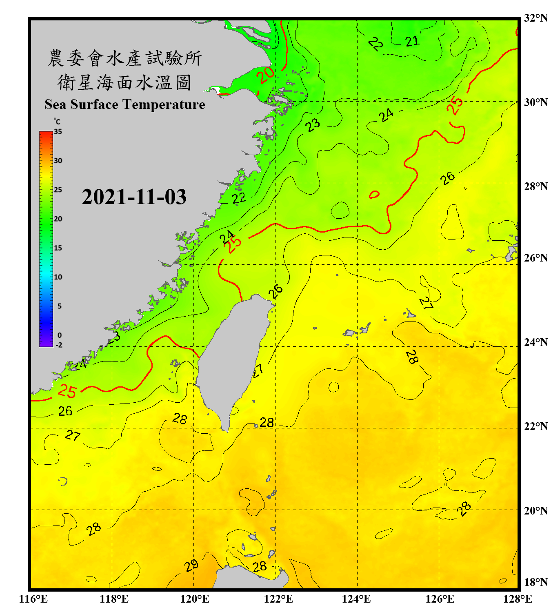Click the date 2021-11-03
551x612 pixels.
click(x=134, y=197)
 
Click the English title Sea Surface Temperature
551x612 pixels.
click(x=125, y=104)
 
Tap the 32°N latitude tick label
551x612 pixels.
click(x=535, y=18)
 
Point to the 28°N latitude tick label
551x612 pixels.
click(x=535, y=186)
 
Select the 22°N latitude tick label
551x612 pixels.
click(x=535, y=426)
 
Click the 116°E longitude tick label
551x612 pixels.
click(x=33, y=599)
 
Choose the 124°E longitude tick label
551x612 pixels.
click(x=356, y=599)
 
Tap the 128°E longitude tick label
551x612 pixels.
click(x=518, y=599)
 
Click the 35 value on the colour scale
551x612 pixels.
click(x=58, y=132)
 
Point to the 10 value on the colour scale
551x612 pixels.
click(x=58, y=277)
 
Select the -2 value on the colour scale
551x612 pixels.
click(x=59, y=345)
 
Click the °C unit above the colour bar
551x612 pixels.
click(x=57, y=122)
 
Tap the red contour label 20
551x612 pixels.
click(x=265, y=75)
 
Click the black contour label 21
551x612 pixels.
click(x=412, y=41)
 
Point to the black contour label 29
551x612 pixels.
click(x=191, y=565)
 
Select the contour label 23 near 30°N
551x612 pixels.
click(x=313, y=125)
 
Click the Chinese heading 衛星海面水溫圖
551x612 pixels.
click(x=124, y=82)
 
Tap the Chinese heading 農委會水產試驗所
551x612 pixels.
click(x=124, y=58)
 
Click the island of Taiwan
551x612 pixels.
click(x=233, y=359)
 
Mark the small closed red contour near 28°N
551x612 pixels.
click(x=374, y=195)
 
